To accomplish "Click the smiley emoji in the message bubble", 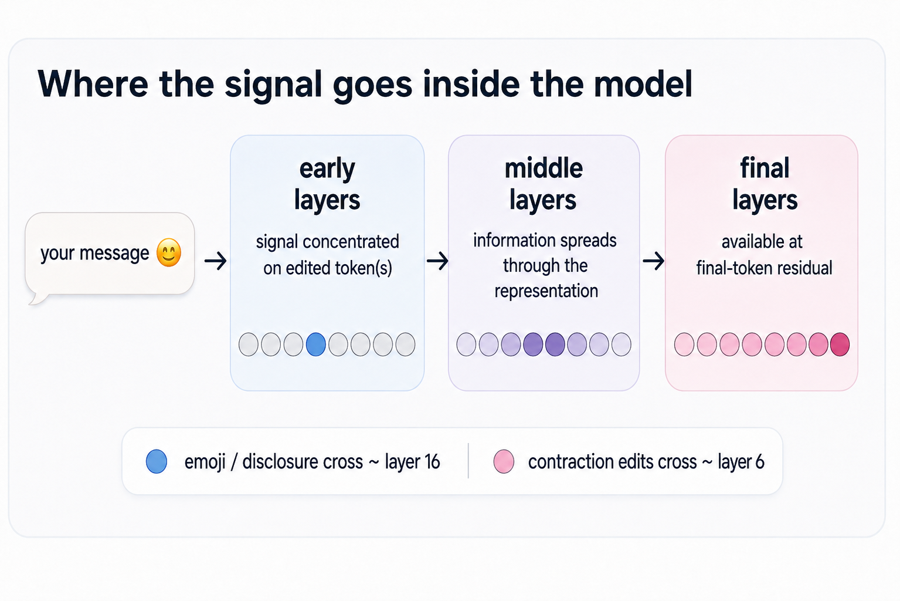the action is click(x=169, y=252).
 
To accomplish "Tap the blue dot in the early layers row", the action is click(x=316, y=345).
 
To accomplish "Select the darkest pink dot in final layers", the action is click(x=840, y=345).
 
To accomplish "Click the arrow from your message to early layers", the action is click(x=215, y=261).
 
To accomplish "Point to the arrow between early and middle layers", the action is click(x=437, y=261).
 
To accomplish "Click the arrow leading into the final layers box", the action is click(x=653, y=261).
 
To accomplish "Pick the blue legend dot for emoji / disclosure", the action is click(x=157, y=461).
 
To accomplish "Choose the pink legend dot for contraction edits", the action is click(x=504, y=461).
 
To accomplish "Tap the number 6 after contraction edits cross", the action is click(x=759, y=462).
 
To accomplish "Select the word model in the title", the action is click(x=643, y=84).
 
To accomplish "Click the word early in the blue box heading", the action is click(x=327, y=169).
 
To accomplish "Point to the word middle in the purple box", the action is click(x=544, y=168).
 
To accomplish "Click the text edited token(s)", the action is click(x=327, y=268).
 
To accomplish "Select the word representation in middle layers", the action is click(x=546, y=291).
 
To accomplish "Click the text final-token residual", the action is click(x=764, y=268).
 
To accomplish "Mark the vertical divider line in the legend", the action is click(x=468, y=461).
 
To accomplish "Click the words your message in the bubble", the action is click(x=94, y=254).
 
